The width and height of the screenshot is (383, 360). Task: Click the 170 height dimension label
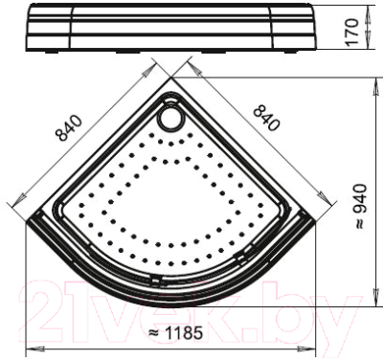coord(352,33)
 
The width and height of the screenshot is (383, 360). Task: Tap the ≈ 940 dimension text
coord(360,206)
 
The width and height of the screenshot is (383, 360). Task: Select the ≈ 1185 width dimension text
coord(175,333)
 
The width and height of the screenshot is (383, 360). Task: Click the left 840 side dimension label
coord(69,127)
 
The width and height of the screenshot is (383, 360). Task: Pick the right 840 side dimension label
coord(266,118)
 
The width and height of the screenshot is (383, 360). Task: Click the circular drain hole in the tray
coord(172,118)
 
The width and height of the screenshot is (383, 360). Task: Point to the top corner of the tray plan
coord(171,78)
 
